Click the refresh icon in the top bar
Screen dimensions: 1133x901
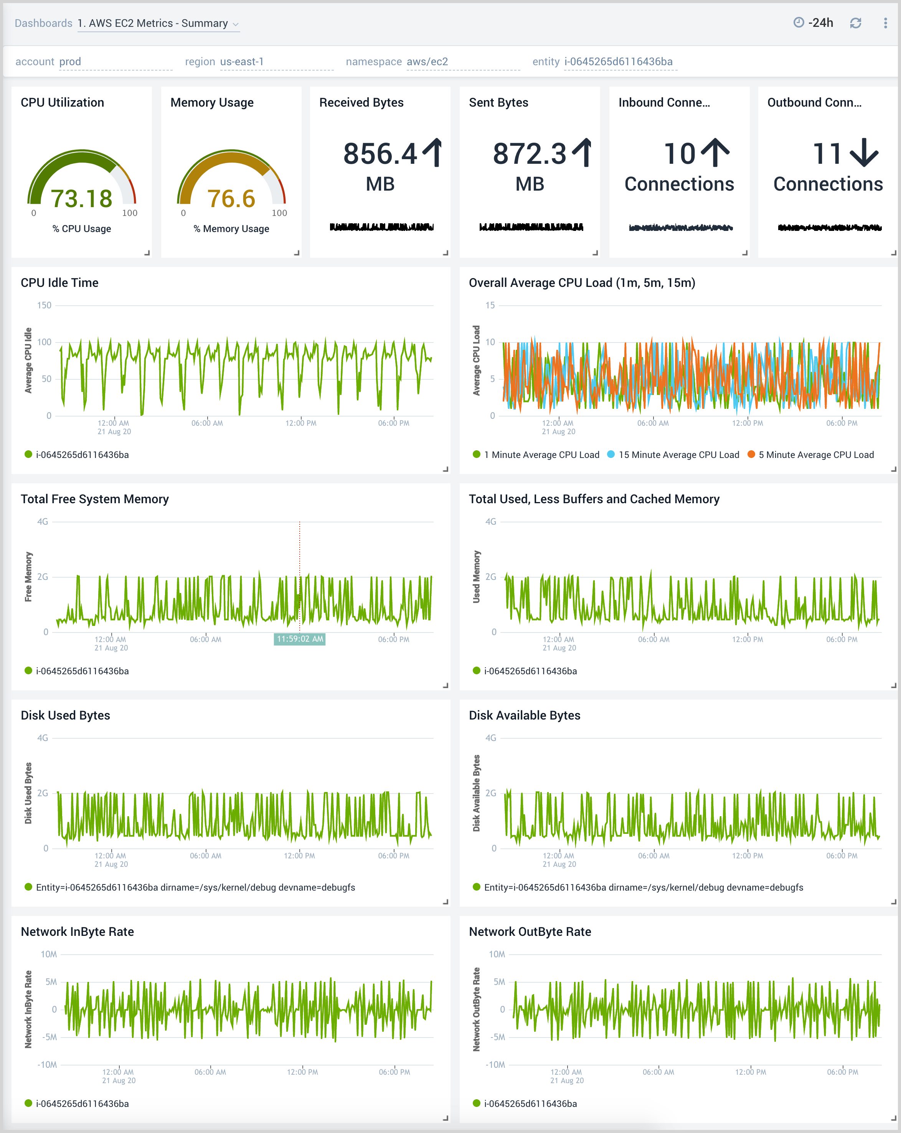click(x=855, y=23)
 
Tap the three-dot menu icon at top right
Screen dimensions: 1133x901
click(x=885, y=23)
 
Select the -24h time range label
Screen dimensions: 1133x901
click(x=820, y=23)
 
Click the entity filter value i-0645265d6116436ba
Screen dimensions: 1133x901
click(x=618, y=61)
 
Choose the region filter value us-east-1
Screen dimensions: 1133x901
click(x=242, y=61)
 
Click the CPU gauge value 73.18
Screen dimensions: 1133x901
click(x=81, y=199)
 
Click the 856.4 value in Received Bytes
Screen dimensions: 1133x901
click(x=380, y=154)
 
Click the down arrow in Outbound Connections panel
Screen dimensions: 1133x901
click(x=864, y=153)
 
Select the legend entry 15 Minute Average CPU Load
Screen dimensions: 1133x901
click(x=678, y=455)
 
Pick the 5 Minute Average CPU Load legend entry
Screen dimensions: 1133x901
click(x=815, y=455)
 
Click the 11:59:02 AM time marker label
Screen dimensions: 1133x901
click(x=300, y=639)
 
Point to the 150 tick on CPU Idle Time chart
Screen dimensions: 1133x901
click(x=44, y=305)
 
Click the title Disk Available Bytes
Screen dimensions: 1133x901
click(x=524, y=715)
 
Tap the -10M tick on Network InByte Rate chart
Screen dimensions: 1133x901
click(x=47, y=1065)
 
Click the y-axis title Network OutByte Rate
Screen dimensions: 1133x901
click(x=476, y=1009)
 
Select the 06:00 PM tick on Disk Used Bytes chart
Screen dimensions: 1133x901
click(x=393, y=856)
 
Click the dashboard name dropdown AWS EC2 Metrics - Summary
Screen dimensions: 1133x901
click(x=158, y=23)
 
